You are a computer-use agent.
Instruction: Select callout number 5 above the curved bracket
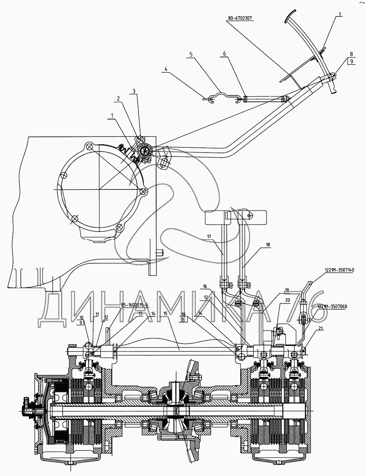[191, 55]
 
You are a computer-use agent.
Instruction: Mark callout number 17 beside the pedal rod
[209, 237]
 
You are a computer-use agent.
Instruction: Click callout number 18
[268, 244]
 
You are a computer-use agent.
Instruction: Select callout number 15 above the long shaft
[166, 314]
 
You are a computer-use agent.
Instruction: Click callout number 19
[287, 290]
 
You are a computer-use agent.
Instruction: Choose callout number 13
[140, 314]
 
